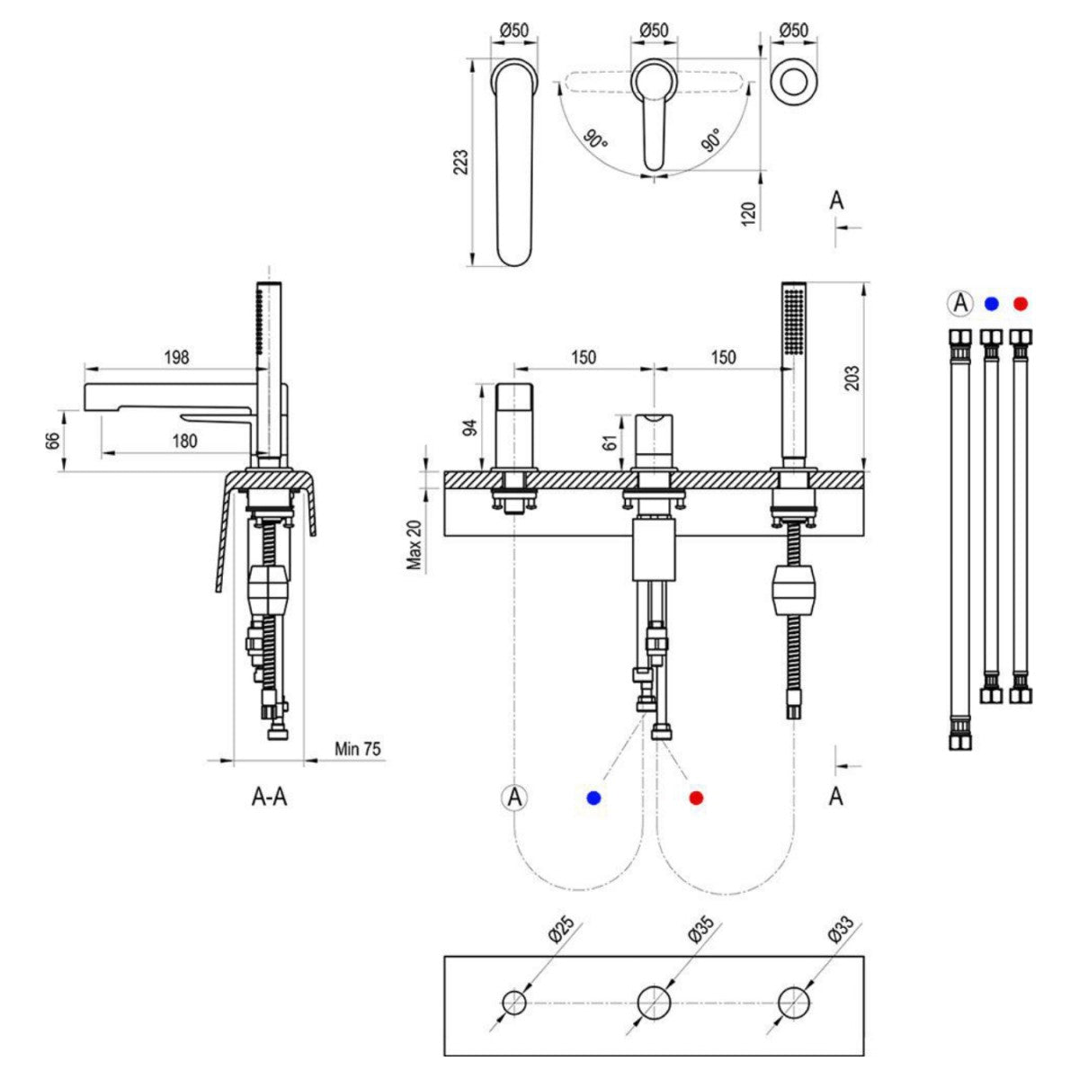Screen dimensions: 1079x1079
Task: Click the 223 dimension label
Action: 460,163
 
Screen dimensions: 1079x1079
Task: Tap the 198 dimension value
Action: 177,357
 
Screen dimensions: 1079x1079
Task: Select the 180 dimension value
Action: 185,441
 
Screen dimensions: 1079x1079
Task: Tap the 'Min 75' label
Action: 358,748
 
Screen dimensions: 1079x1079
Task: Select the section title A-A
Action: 269,797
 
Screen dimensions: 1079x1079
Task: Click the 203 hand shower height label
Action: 853,377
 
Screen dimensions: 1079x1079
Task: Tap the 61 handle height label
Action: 608,441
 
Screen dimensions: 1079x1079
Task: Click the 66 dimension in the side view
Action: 53,441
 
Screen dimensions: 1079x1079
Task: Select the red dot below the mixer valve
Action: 696,798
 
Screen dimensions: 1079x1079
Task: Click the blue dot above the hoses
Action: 991,304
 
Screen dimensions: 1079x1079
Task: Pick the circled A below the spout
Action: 514,797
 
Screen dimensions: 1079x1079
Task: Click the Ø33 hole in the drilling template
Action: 794,1001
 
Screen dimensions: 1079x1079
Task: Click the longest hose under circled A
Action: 960,539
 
